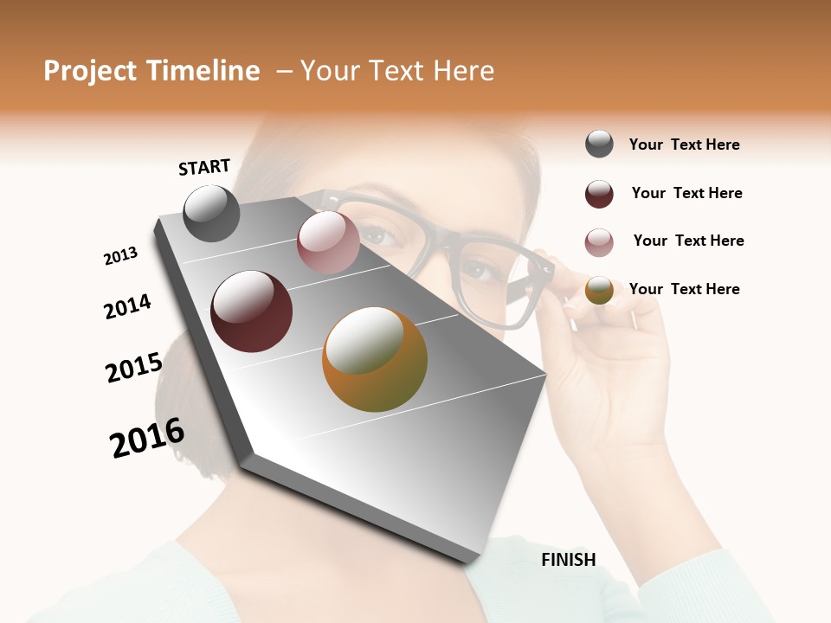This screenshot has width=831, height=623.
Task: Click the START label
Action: [204, 167]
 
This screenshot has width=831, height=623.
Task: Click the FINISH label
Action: [568, 560]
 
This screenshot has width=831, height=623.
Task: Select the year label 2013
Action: [120, 256]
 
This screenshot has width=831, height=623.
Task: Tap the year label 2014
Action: [127, 306]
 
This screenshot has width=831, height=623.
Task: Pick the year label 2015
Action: [133, 368]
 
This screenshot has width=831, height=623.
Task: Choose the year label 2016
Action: [147, 438]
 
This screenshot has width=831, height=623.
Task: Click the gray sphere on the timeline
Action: [211, 214]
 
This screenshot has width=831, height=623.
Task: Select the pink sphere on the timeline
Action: [328, 242]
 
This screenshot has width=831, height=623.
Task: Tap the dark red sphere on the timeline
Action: [252, 311]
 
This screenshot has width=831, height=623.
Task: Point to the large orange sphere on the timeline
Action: [375, 359]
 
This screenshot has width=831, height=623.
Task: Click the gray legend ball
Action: [599, 145]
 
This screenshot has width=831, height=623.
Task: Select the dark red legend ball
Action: [599, 194]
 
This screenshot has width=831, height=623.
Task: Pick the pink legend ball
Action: [599, 242]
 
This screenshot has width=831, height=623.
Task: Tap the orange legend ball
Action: [599, 290]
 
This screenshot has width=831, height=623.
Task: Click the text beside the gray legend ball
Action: [684, 145]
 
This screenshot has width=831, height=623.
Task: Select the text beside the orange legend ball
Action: [684, 289]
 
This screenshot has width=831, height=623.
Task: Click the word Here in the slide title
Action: [462, 71]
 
